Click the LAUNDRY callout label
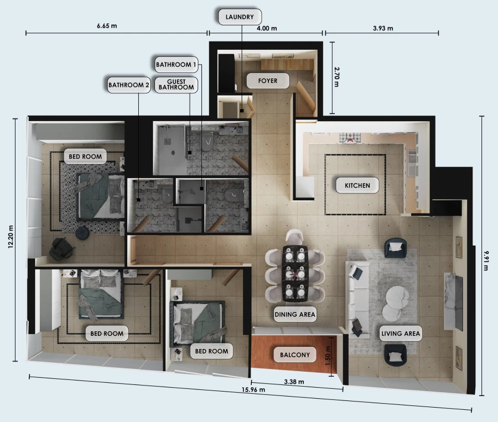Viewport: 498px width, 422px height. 240,17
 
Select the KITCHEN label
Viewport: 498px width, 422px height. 357,185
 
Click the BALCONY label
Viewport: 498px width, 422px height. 295,355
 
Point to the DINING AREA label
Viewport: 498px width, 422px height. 294,315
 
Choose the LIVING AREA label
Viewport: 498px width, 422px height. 401,334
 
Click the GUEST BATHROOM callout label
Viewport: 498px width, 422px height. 176,84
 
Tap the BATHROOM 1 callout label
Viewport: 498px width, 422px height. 176,64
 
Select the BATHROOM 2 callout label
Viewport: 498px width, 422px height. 128,85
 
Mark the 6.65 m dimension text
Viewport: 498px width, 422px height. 107,26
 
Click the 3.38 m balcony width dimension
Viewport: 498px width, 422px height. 293,382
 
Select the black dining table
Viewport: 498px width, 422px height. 294,274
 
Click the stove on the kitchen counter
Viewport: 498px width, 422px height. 350,138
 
